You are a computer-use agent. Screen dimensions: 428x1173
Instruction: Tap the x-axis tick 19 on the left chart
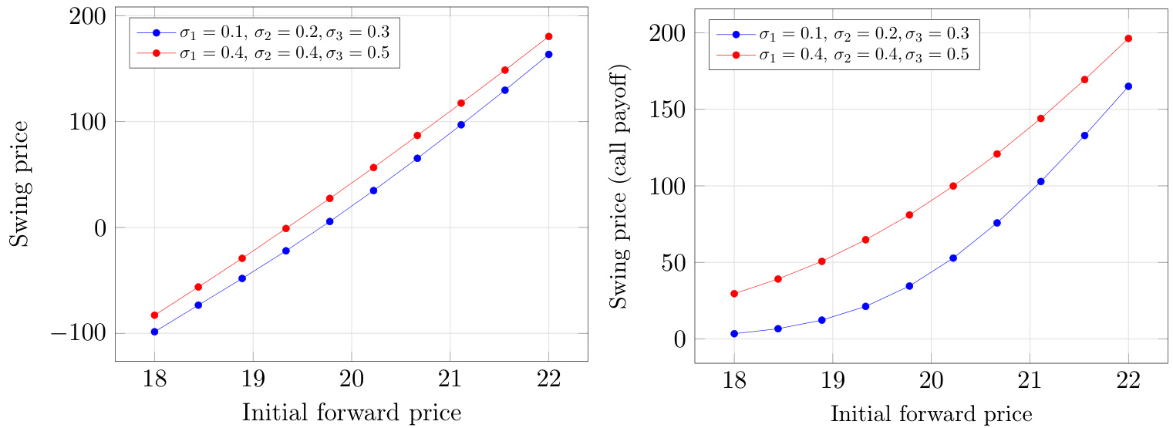coord(253,379)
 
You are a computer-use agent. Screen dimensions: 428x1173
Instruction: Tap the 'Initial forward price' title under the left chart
coord(352,413)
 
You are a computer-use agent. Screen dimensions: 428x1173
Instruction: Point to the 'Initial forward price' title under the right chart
coord(931,414)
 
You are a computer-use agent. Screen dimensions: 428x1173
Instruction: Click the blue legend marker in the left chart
coord(157,33)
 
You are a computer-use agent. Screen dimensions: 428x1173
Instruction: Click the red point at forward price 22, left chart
coord(548,36)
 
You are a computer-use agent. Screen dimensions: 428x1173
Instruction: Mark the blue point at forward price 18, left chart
coord(154,332)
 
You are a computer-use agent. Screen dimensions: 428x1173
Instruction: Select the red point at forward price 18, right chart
coord(734,294)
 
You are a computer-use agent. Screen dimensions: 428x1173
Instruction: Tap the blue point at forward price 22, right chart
coord(1128,86)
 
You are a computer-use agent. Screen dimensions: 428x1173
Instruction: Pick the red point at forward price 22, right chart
coord(1128,38)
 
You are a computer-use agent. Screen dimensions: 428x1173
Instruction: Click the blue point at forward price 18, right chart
coord(734,334)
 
